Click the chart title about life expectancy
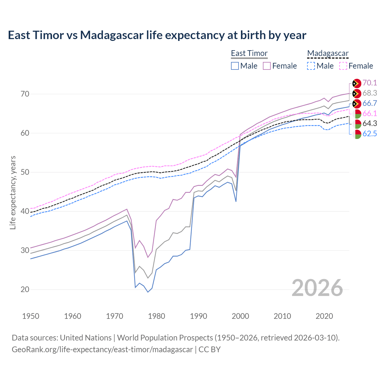click(157, 35)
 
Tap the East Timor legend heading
click(249, 54)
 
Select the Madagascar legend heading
click(328, 54)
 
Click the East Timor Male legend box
click(235, 66)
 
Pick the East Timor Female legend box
click(267, 66)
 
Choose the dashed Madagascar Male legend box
click(311, 66)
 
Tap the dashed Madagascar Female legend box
click(343, 66)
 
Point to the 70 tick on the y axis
click(25, 94)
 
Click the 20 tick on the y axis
click(25, 289)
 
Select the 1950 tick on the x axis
click(31, 316)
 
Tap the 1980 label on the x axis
click(157, 316)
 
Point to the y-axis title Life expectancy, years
click(13, 192)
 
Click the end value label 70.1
click(370, 83)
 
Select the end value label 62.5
click(370, 134)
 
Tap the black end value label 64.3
click(370, 123)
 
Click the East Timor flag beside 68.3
click(357, 94)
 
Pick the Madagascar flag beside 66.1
click(357, 114)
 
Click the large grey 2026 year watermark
click(317, 288)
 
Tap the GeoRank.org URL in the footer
click(102, 350)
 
